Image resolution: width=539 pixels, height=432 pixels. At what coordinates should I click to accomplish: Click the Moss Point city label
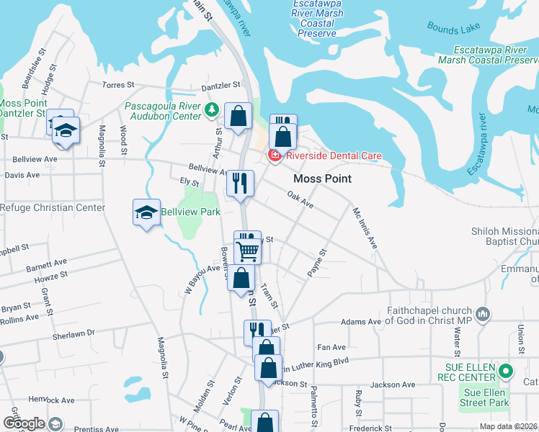point(322,179)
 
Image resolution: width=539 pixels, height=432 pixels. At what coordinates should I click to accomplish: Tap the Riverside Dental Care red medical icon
point(274,155)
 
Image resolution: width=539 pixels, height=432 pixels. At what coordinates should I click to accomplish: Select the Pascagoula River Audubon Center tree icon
point(212,110)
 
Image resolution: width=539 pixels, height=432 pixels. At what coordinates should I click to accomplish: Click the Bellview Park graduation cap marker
point(146,213)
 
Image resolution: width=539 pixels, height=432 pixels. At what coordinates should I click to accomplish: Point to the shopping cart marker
point(248,251)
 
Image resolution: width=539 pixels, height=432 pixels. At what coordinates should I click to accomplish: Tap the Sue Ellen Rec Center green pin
point(506,372)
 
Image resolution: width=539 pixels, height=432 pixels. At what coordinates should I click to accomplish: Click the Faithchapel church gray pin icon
point(482,314)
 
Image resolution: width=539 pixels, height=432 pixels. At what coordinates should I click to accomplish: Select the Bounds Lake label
point(448,27)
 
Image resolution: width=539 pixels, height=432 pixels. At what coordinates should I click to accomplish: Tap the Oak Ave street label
point(300,199)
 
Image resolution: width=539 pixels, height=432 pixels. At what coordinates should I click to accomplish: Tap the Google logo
point(24,423)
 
